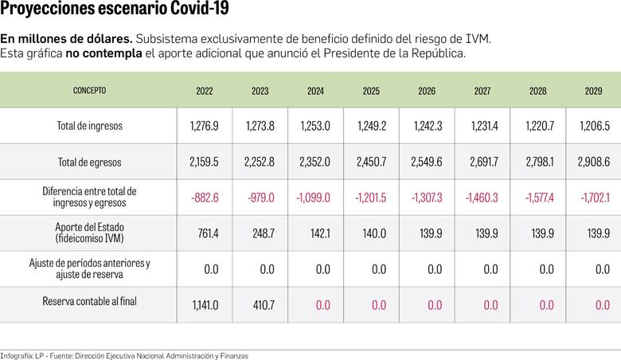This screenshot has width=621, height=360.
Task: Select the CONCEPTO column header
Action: tap(89, 91)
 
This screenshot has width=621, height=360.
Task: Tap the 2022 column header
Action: tap(205, 91)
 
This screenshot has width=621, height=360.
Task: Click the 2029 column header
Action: tap(593, 91)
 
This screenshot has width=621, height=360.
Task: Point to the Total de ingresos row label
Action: tap(89, 126)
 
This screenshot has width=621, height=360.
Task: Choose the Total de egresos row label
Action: tap(89, 162)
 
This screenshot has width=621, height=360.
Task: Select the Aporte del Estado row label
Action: tap(89, 233)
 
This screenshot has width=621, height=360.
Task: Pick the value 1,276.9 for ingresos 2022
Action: tap(205, 126)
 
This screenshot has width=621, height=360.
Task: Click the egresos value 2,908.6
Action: tap(593, 162)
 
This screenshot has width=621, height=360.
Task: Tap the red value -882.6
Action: tap(203, 198)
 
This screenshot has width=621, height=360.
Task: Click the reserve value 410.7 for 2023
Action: tap(260, 304)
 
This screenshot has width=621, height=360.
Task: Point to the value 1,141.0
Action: tap(205, 304)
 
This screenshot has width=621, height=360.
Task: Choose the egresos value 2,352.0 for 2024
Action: tap(315, 162)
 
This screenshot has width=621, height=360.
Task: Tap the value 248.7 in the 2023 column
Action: tap(260, 233)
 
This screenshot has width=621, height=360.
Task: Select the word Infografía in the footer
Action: tap(17, 355)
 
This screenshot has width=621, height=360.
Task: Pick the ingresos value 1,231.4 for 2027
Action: tap(482, 126)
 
